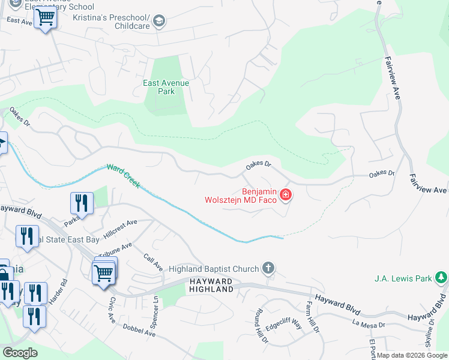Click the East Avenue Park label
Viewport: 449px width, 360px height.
166,87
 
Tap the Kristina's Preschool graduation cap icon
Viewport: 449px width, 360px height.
159,22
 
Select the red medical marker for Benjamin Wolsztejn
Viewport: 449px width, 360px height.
286,194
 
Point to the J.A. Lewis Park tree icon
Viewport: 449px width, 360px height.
442,278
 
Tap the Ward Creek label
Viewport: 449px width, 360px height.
123,176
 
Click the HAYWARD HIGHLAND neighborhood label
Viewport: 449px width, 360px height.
211,285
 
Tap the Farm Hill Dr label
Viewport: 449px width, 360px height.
314,318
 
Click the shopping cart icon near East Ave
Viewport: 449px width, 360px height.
45,19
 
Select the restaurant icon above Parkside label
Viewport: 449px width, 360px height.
82,203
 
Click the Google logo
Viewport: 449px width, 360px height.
20,353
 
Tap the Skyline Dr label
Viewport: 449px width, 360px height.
430,330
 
